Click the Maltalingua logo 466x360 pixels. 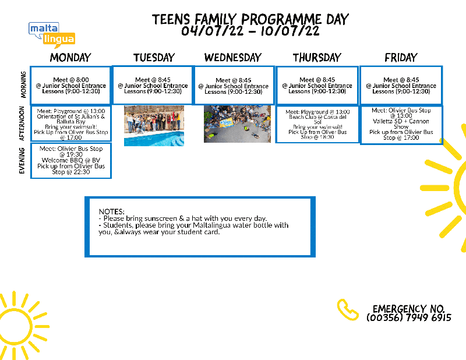pos(51,34)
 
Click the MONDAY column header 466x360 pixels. pos(70,57)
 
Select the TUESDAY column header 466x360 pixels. pos(154,57)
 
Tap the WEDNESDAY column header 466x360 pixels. pos(233,57)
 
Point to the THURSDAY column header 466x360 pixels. pos(317,57)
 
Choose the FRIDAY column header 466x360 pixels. pos(401,57)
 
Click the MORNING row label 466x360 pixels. pos(23,85)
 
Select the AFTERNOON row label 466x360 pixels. pos(23,123)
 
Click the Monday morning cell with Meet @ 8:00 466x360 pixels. pos(70,86)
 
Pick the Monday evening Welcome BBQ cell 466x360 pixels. pos(71,161)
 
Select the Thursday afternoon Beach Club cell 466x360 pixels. pos(317,124)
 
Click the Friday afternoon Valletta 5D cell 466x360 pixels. pos(401,124)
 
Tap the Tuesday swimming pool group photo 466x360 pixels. pos(154,125)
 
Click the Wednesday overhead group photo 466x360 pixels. pos(237,123)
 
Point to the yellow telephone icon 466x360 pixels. pos(348,310)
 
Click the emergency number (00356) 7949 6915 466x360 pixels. pos(409,318)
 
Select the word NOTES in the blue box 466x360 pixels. pos(112,211)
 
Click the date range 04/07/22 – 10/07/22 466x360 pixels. pos(250,31)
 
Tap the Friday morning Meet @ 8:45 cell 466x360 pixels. pos(401,86)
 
